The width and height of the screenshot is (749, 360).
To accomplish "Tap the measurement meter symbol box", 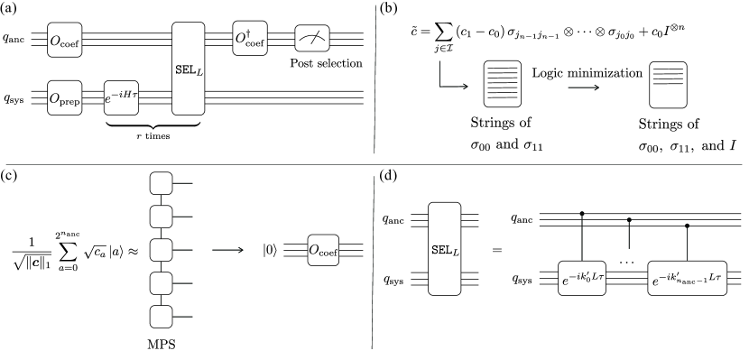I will click(311, 38).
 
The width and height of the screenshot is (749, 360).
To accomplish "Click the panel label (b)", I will click(392, 11).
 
